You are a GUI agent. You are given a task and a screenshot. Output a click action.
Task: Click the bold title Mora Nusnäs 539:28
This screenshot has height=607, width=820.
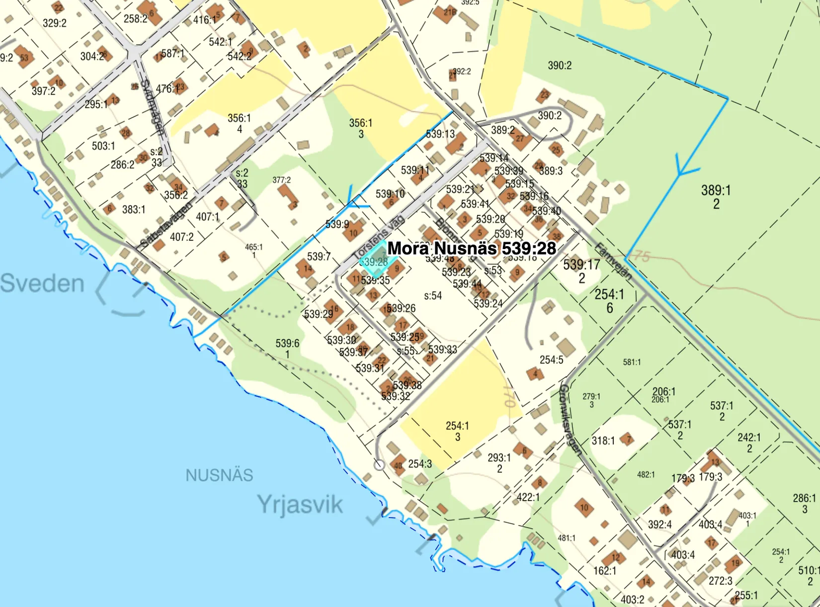[x=471, y=248]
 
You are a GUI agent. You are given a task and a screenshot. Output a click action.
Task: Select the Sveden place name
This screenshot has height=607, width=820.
[x=42, y=283]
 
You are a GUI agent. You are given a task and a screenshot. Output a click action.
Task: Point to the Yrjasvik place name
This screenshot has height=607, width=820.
[x=300, y=505]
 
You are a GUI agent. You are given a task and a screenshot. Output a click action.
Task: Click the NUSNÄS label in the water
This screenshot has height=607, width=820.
[x=219, y=475]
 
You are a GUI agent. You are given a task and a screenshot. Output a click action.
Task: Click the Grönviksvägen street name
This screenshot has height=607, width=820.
[x=570, y=419]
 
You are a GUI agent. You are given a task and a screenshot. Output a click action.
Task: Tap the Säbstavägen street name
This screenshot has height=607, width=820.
[x=166, y=225]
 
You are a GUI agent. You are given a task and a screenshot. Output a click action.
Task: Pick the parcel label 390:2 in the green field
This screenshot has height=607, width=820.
[x=560, y=66]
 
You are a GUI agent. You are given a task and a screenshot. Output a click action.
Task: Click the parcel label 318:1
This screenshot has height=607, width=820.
[x=603, y=440]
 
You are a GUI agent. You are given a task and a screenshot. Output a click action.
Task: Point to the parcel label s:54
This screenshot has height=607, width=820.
[x=433, y=296]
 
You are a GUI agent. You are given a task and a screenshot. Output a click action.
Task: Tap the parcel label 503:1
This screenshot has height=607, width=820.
[x=103, y=146]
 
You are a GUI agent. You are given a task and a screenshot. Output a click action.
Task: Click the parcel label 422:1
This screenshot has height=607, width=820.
[x=528, y=497]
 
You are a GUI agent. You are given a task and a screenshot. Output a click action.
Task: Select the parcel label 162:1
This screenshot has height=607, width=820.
[x=605, y=571]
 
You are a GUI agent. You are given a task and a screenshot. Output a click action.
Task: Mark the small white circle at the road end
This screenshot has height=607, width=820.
[x=379, y=465]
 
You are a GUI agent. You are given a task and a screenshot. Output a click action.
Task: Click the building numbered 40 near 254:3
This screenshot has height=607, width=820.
[x=398, y=466]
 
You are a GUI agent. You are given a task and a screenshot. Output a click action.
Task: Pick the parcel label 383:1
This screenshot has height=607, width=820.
[x=134, y=210]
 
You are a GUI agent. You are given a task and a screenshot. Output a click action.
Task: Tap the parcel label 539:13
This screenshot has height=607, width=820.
[x=440, y=134]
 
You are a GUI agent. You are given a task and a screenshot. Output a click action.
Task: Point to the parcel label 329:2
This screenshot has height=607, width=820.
[x=55, y=23]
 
